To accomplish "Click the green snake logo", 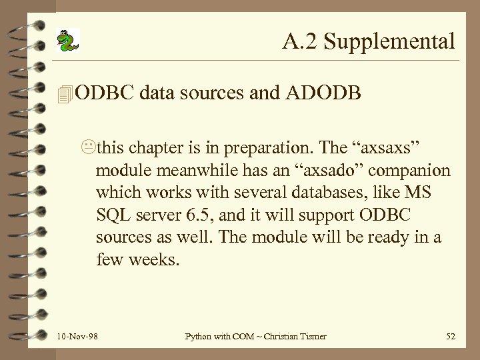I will click(x=67, y=41).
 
